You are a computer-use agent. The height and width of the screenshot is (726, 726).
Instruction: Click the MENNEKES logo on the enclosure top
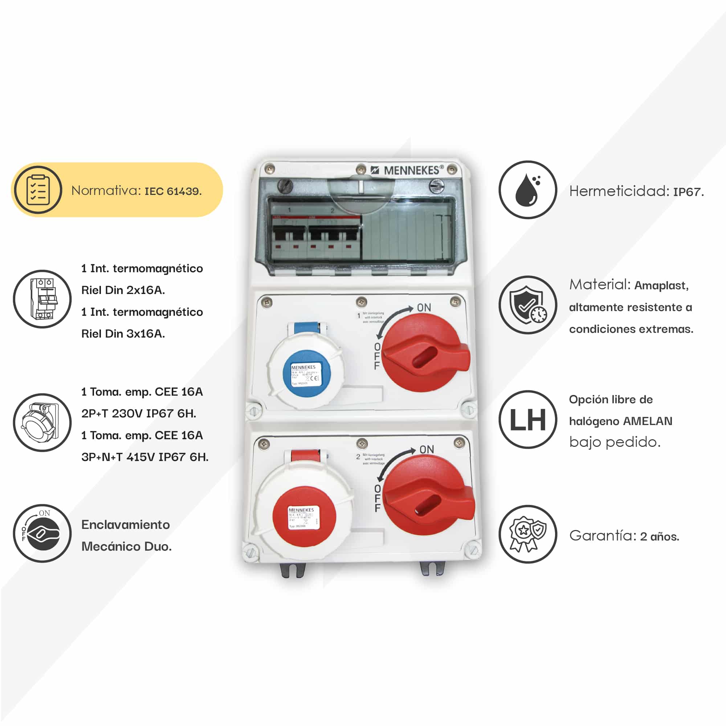point(407,170)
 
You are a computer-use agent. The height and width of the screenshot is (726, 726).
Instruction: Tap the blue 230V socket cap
point(306,372)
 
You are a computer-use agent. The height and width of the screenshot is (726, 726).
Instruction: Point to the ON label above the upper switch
point(424,308)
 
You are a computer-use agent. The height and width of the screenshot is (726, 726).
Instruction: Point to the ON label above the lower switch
point(427,449)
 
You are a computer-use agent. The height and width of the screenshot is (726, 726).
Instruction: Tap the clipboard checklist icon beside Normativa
point(38,190)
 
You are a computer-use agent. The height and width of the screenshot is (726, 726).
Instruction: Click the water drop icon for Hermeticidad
point(527,190)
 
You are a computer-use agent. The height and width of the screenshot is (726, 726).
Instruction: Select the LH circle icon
point(527,420)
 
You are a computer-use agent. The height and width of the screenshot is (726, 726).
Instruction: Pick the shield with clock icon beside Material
point(527,305)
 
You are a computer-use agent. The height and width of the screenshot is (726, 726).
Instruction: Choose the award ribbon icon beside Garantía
point(527,534)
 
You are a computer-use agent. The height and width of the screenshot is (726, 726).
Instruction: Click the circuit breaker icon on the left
point(42,299)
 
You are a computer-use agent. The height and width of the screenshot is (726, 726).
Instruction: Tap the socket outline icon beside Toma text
point(42,423)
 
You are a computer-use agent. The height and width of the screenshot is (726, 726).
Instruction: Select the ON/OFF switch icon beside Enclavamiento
point(42,533)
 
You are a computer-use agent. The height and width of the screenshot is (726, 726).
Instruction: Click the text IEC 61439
point(173,191)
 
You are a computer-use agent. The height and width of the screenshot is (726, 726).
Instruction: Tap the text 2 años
point(660,537)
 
